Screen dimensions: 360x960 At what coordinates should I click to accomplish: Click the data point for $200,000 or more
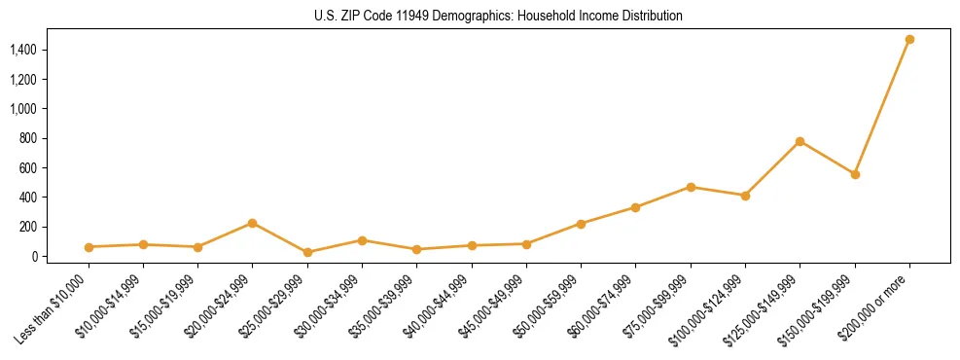pyautogui.click(x=909, y=39)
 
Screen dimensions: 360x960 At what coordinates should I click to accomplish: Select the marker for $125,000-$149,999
pyautogui.click(x=800, y=141)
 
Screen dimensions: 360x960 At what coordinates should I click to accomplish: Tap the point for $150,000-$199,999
pyautogui.click(x=855, y=174)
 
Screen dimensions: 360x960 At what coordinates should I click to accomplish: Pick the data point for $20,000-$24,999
pyautogui.click(x=252, y=223)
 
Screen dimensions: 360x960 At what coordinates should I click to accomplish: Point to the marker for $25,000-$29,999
pyautogui.click(x=307, y=252)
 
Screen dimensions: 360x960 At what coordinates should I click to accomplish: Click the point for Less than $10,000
pyautogui.click(x=89, y=247)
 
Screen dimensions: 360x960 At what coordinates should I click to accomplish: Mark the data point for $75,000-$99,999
pyautogui.click(x=691, y=187)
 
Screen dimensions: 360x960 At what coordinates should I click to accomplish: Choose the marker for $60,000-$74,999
pyautogui.click(x=635, y=207)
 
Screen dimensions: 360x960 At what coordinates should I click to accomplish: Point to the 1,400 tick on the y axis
pyautogui.click(x=23, y=50)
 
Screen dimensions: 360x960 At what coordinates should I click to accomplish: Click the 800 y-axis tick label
pyautogui.click(x=28, y=138)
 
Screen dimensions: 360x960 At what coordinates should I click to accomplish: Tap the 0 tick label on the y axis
pyautogui.click(x=34, y=257)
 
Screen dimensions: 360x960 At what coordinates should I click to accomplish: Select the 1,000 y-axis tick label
pyautogui.click(x=23, y=109)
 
